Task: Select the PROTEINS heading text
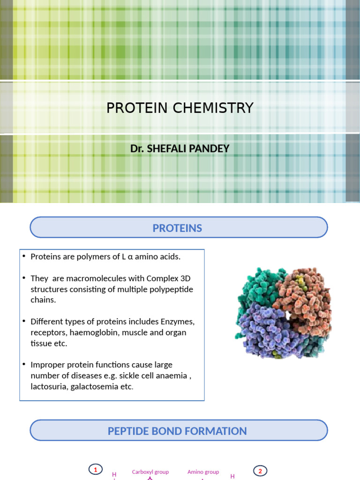tap(177, 228)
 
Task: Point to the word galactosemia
tap(101, 387)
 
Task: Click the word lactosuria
tap(48, 387)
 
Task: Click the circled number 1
tap(96, 470)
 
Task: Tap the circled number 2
tap(260, 470)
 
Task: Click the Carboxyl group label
tap(150, 472)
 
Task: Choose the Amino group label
tap(203, 472)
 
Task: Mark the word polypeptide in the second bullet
tap(170, 289)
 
